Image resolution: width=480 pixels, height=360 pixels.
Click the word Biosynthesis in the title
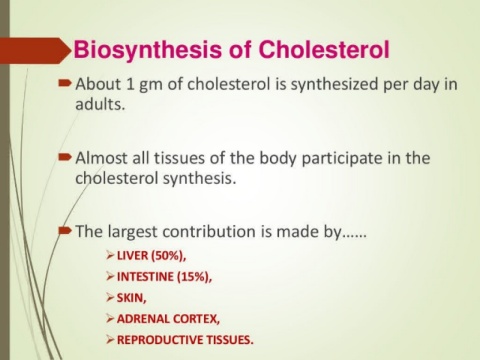(148, 51)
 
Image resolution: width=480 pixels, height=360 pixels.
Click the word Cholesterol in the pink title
(324, 49)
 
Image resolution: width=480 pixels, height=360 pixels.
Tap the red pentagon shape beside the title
(36, 51)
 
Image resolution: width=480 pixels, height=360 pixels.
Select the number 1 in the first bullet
(130, 84)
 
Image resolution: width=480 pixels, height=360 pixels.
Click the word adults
(100, 104)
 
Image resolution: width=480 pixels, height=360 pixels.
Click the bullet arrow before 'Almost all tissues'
(65, 156)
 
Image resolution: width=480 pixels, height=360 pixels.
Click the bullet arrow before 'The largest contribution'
(65, 230)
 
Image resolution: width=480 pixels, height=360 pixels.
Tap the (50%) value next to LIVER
(168, 256)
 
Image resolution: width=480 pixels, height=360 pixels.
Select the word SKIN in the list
(131, 298)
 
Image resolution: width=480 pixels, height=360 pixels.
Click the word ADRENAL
(141, 319)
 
